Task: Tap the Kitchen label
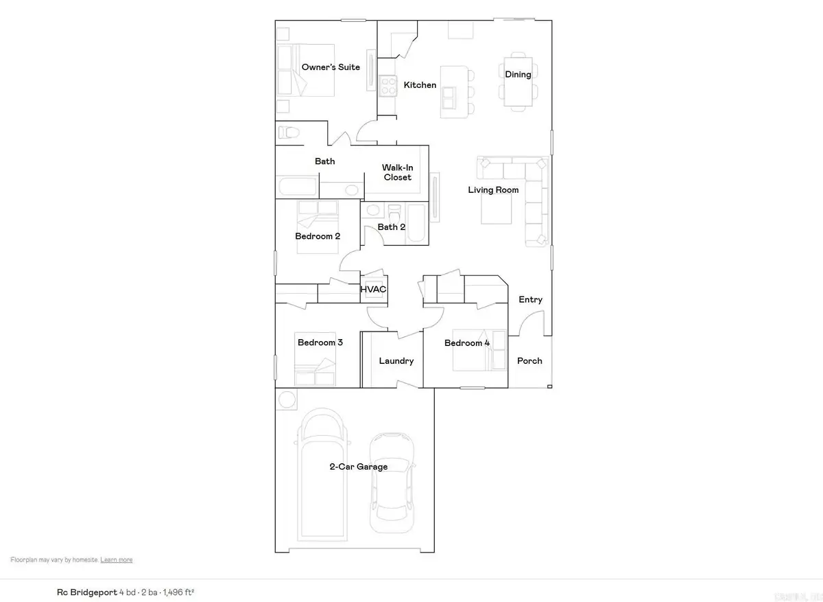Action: tap(420, 85)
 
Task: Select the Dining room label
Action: tap(518, 74)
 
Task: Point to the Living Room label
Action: tap(493, 190)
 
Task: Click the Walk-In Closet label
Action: tap(397, 172)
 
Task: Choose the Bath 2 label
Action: tap(392, 227)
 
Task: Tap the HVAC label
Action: tap(374, 290)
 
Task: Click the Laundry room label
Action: tap(396, 361)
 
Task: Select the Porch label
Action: tap(529, 361)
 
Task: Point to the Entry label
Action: tap(530, 299)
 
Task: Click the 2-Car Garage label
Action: tap(357, 467)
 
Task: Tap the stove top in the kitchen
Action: tap(389, 84)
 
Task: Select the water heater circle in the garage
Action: tap(287, 399)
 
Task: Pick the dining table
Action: tap(518, 80)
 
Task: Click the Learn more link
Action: tap(117, 560)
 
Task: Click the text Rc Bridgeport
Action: tap(86, 591)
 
